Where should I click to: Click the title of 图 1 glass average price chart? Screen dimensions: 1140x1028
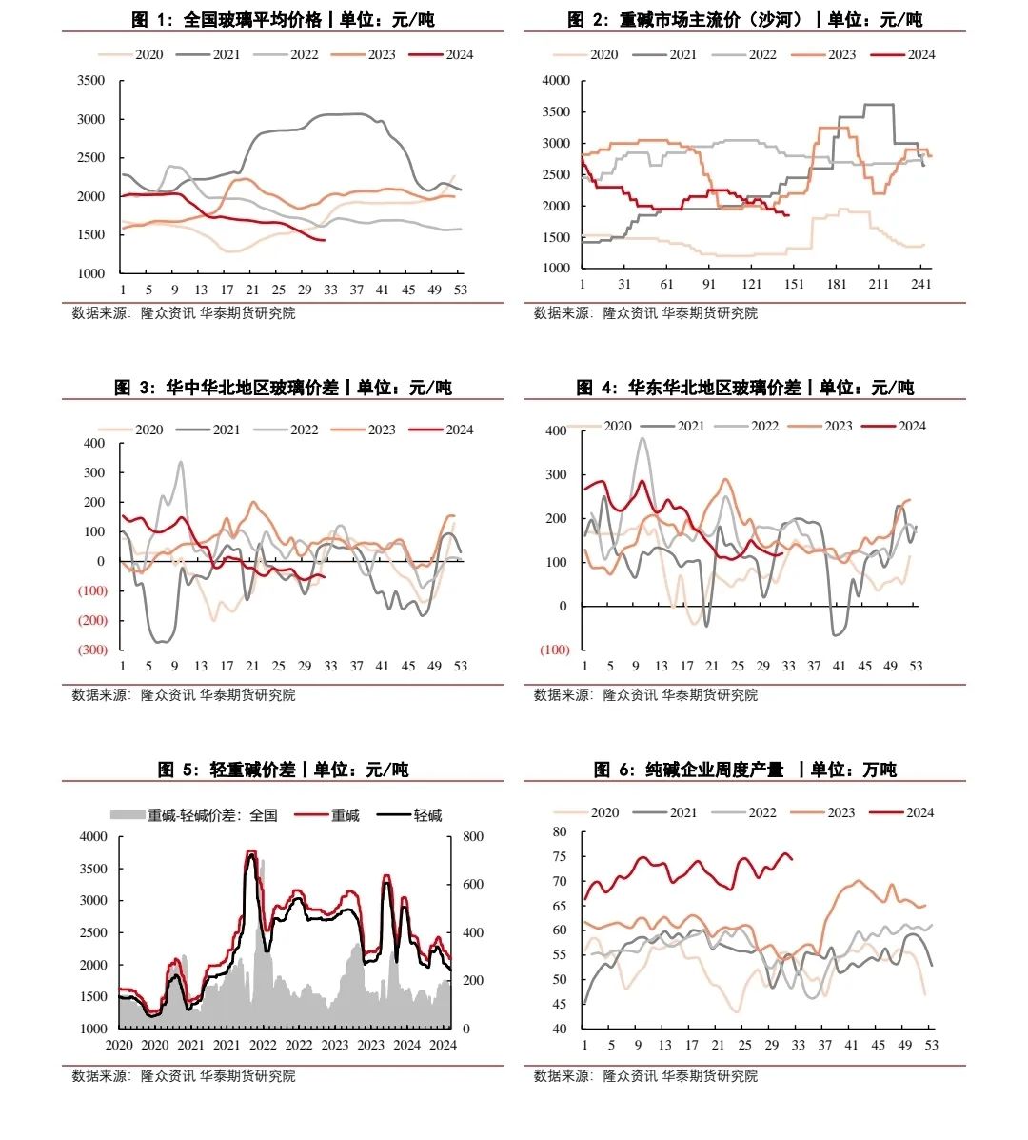(283, 20)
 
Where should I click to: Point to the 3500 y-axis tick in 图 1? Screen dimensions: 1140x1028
(91, 81)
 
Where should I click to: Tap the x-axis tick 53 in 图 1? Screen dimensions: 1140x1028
(460, 290)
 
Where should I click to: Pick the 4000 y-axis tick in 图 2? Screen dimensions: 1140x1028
(555, 81)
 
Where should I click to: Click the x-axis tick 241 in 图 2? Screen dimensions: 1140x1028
(920, 284)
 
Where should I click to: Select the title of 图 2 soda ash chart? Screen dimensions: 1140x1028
(744, 20)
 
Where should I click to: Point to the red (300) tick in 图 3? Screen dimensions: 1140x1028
(92, 650)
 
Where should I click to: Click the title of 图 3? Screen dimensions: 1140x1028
(283, 388)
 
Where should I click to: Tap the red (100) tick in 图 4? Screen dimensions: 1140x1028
(554, 650)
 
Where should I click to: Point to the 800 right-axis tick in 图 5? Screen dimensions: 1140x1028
(473, 836)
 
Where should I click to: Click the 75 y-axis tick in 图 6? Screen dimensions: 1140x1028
(560, 856)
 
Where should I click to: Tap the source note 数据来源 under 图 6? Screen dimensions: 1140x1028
(645, 1075)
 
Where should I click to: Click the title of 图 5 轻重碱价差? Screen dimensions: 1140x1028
(283, 770)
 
